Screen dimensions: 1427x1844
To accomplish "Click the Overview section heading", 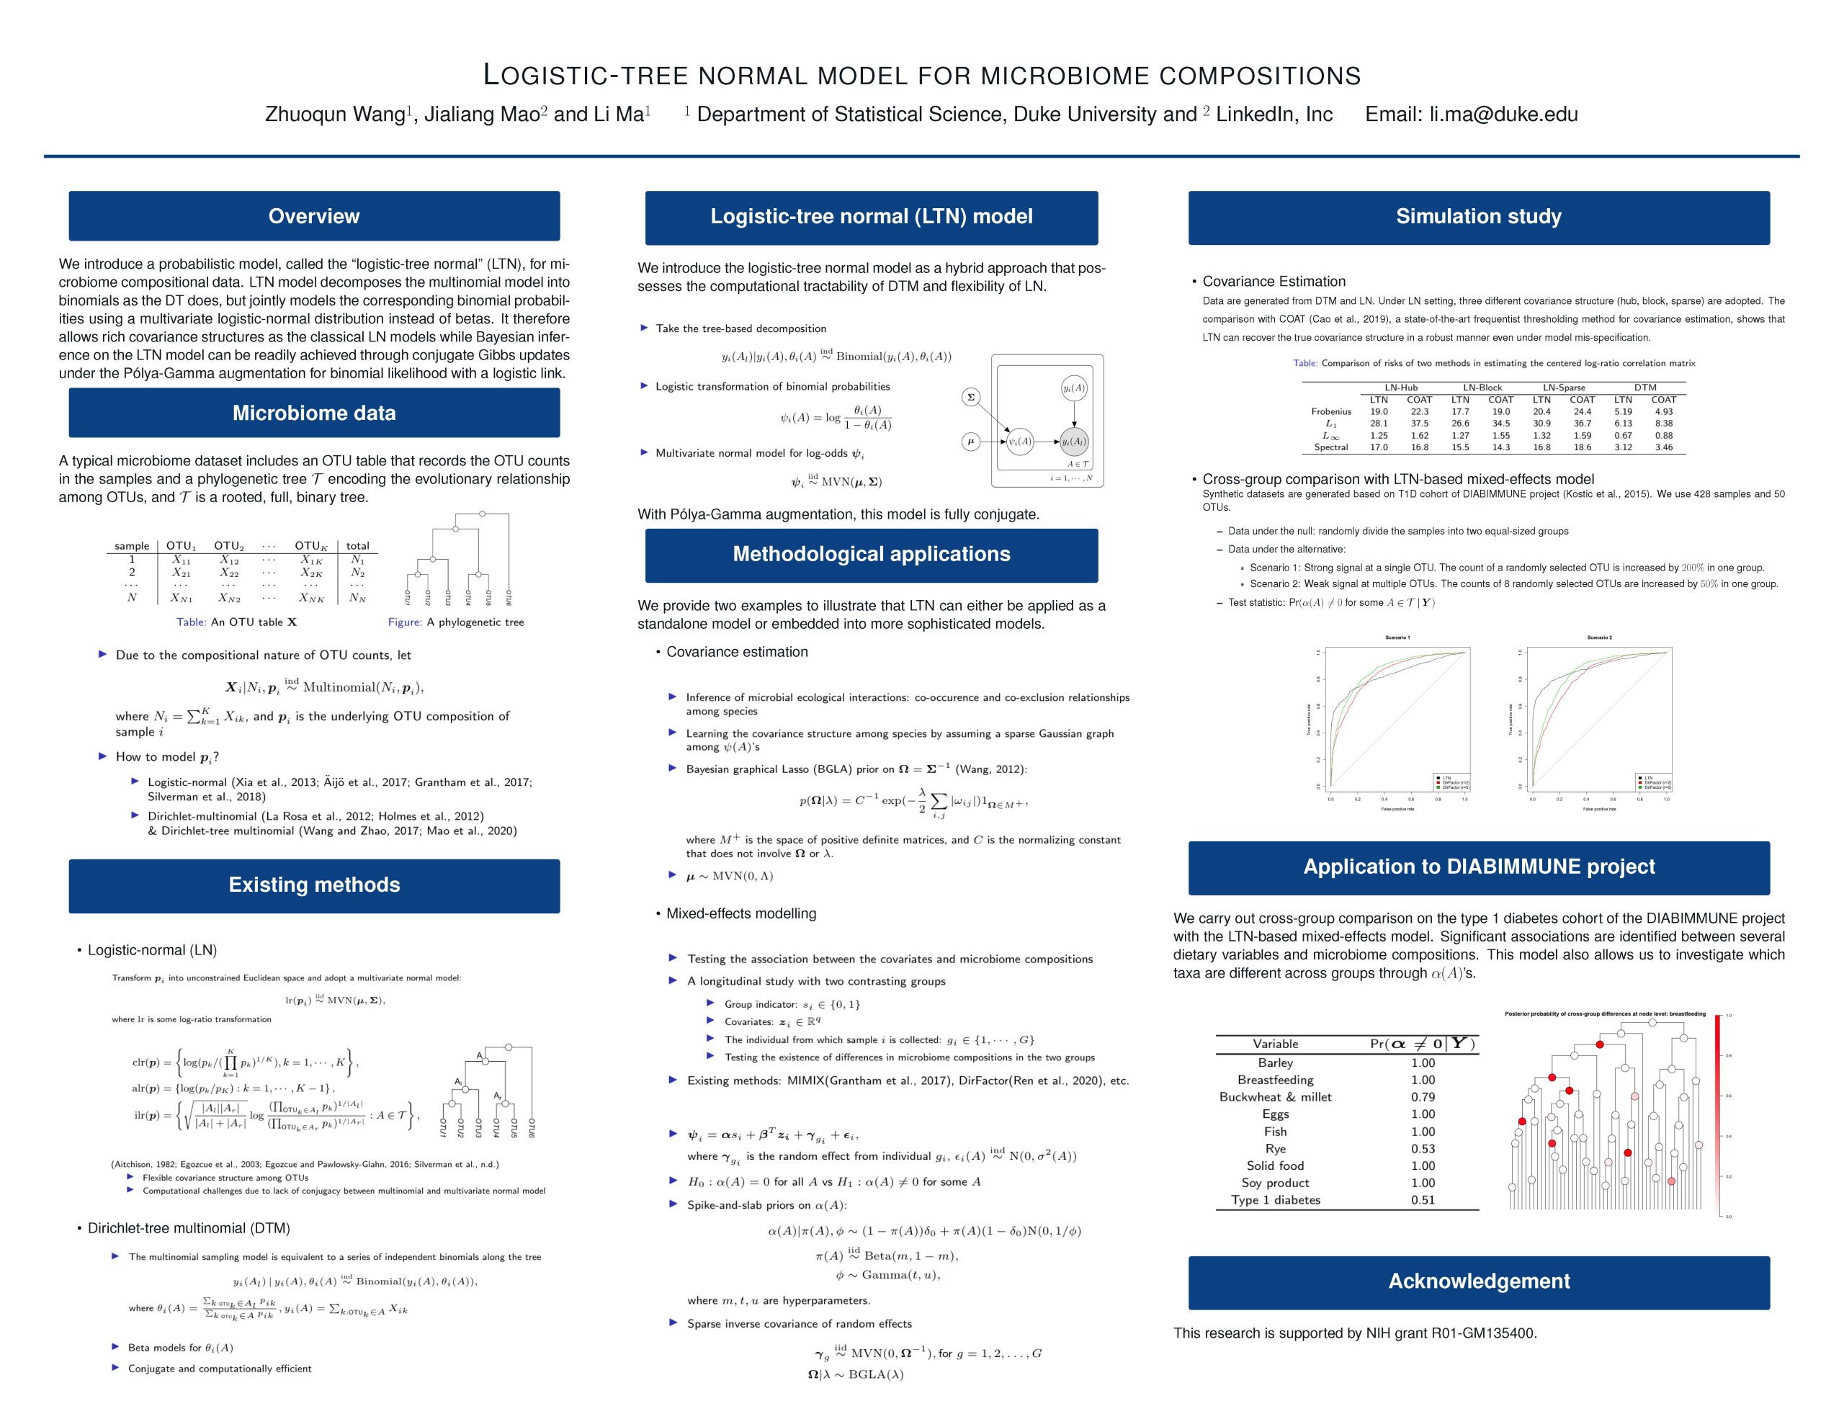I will (313, 216).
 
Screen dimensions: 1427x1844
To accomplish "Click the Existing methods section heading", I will (313, 885).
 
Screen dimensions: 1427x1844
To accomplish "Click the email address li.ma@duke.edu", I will (1503, 115).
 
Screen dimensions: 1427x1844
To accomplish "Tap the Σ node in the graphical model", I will (970, 397).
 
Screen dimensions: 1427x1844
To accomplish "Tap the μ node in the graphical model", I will (970, 441).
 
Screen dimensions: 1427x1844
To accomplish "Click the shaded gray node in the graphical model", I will (1073, 441).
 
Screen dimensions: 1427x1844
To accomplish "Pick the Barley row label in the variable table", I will (1275, 1063).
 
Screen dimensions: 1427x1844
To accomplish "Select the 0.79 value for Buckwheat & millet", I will (1423, 1097).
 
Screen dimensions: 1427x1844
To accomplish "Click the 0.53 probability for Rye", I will (1423, 1148).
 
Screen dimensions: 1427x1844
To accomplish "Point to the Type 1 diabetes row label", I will (1275, 1200).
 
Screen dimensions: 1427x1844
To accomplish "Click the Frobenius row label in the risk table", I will (1330, 412).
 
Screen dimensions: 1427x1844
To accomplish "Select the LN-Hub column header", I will (1401, 388).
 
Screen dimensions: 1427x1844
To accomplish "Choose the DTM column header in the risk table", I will (1644, 388).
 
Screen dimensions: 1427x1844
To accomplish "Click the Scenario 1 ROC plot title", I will (1397, 638).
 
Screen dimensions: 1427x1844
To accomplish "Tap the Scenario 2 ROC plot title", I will (1599, 638).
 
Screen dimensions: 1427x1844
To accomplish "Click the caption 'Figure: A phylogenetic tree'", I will (456, 622).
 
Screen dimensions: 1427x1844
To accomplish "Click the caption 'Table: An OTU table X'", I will (236, 622).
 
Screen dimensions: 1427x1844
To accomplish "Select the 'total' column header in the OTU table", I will (357, 545).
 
